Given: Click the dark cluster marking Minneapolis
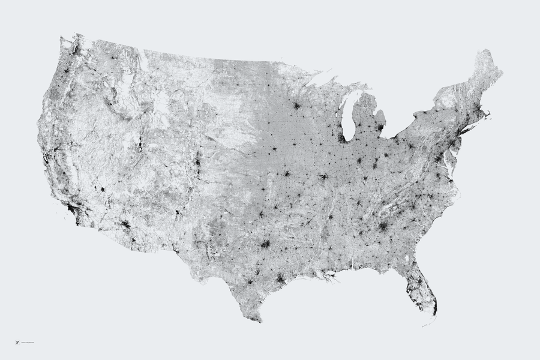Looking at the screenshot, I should (x=296, y=106).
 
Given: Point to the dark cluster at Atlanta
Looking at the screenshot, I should (x=383, y=226).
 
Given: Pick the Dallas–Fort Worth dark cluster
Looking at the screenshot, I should (x=265, y=244).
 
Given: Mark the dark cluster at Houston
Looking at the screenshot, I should (x=281, y=279).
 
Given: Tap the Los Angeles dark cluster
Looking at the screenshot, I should (x=74, y=209).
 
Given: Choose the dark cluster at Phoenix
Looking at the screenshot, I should (x=125, y=225).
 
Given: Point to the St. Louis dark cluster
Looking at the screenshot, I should (x=323, y=177).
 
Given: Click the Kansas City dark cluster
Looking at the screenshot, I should (x=286, y=174).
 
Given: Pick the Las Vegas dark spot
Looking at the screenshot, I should (x=103, y=190).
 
